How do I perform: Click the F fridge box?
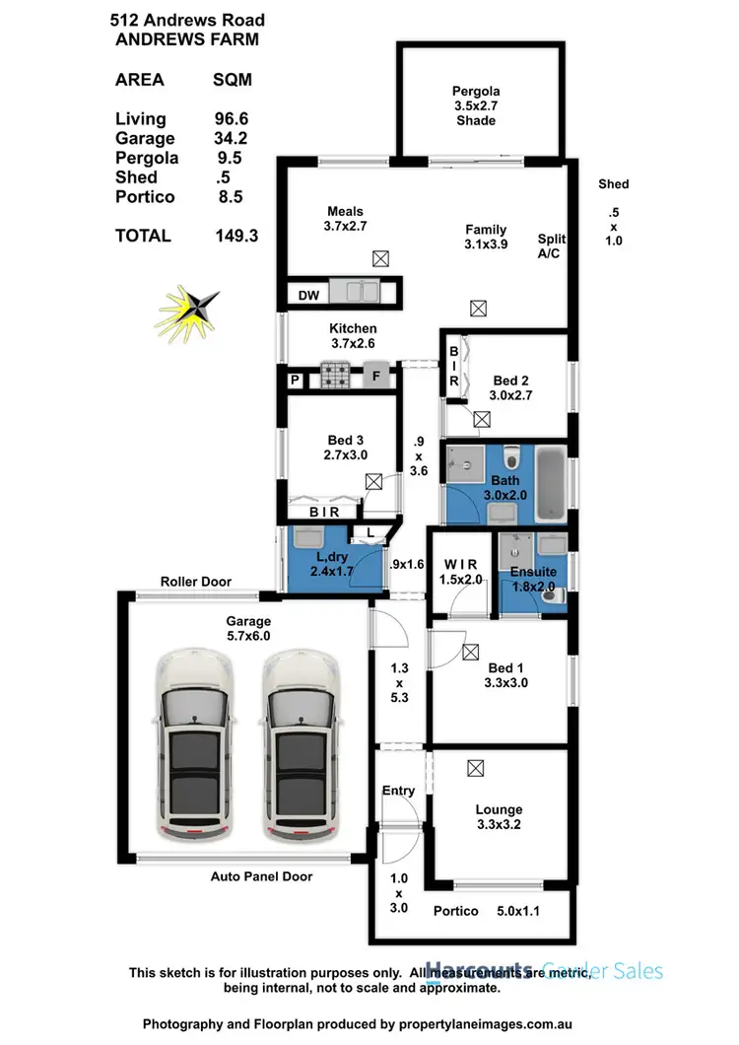[x=375, y=376]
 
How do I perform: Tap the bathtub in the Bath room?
[x=553, y=483]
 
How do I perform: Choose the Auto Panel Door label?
[x=261, y=875]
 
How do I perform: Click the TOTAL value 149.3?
[x=236, y=236]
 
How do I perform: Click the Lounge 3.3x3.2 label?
[x=498, y=816]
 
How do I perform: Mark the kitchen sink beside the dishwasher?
[x=356, y=292]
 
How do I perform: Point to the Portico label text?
[x=456, y=911]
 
